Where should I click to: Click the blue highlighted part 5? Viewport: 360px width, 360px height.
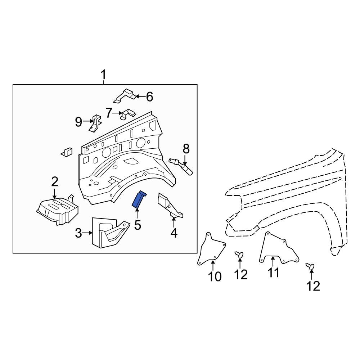[x=139, y=200]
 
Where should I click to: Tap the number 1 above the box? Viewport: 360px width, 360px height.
[x=103, y=76]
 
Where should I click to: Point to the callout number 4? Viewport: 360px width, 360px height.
[x=174, y=233]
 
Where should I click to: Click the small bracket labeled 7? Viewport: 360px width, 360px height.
[x=127, y=114]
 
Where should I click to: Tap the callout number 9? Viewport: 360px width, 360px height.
[x=78, y=122]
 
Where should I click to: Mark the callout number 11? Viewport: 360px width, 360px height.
[x=273, y=273]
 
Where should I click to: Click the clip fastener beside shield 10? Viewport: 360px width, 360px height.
[x=239, y=255]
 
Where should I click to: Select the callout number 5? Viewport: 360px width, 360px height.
[x=137, y=225]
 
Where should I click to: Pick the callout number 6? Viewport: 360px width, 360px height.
[x=149, y=96]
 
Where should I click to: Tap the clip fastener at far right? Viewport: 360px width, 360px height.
[x=310, y=266]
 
